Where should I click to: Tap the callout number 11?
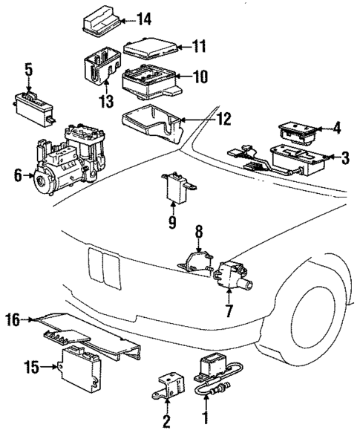197,46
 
